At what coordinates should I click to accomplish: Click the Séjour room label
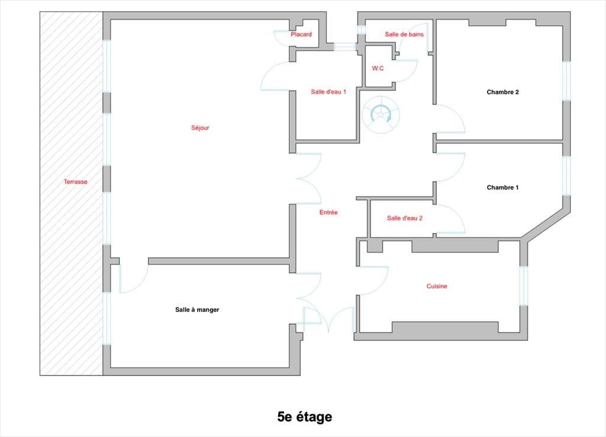(x=200, y=128)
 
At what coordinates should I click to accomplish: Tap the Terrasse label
(x=75, y=182)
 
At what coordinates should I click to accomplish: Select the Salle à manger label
(x=197, y=309)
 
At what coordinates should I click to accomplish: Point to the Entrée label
(x=328, y=212)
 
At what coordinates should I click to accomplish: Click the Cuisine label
(x=437, y=286)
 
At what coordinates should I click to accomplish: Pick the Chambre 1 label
(x=502, y=187)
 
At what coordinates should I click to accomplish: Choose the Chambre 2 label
(x=502, y=92)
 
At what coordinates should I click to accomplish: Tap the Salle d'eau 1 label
(x=328, y=92)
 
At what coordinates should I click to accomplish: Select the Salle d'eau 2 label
(x=405, y=218)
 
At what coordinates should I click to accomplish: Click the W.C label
(x=378, y=69)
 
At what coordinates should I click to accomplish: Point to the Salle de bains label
(x=404, y=34)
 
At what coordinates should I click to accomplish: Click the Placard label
(x=301, y=35)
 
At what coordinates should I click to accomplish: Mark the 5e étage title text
(x=305, y=417)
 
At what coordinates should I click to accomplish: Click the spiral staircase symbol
(x=379, y=113)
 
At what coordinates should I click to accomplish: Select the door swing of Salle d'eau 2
(x=451, y=219)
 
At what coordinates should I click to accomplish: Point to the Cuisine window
(x=523, y=286)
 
